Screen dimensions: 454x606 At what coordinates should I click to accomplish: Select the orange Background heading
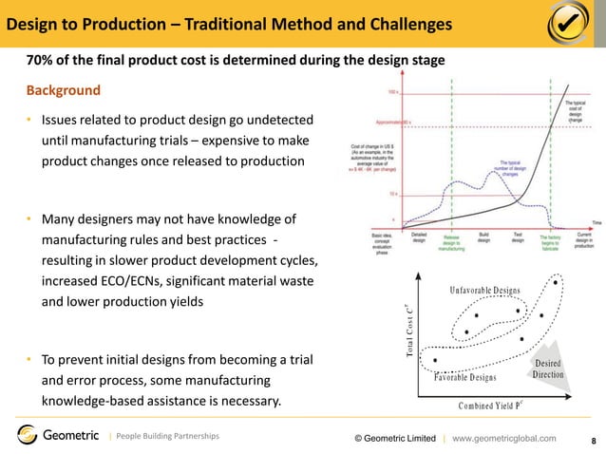point(63,91)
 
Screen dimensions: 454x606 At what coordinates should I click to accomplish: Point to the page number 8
point(594,441)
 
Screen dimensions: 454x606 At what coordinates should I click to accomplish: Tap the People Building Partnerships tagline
point(167,436)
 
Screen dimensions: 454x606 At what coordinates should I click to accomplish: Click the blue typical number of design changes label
point(508,169)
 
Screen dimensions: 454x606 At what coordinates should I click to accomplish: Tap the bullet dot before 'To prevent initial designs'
point(29,360)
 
